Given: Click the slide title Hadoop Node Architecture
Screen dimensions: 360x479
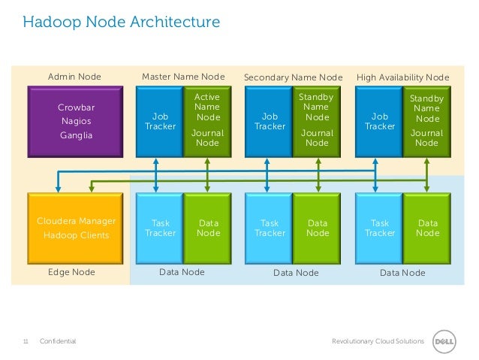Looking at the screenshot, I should pos(121,23).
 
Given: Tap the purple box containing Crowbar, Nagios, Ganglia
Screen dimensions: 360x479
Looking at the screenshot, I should pos(76,121).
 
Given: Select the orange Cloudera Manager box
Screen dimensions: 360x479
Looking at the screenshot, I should pos(76,227).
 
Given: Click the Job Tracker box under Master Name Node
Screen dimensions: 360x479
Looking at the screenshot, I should pos(159,121).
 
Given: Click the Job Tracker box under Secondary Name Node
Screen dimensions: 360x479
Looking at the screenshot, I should pos(269,121).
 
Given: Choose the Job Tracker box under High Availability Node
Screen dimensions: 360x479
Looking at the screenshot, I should pos(379,121).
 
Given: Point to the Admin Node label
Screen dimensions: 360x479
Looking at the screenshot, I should pos(74,77).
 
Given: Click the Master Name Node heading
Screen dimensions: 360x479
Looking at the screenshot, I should pos(183,77).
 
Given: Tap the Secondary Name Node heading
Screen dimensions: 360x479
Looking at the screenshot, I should pos(293,77).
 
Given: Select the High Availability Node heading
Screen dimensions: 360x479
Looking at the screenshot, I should pos(402,77).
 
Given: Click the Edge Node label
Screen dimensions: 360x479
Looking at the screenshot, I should pos(71,272).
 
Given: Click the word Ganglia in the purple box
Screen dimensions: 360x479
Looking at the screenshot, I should pos(76,135).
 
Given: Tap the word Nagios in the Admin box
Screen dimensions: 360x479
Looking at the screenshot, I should pos(76,122).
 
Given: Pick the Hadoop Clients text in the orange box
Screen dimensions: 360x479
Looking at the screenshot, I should pos(76,234).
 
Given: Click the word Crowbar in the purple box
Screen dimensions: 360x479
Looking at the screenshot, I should pos(76,107).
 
